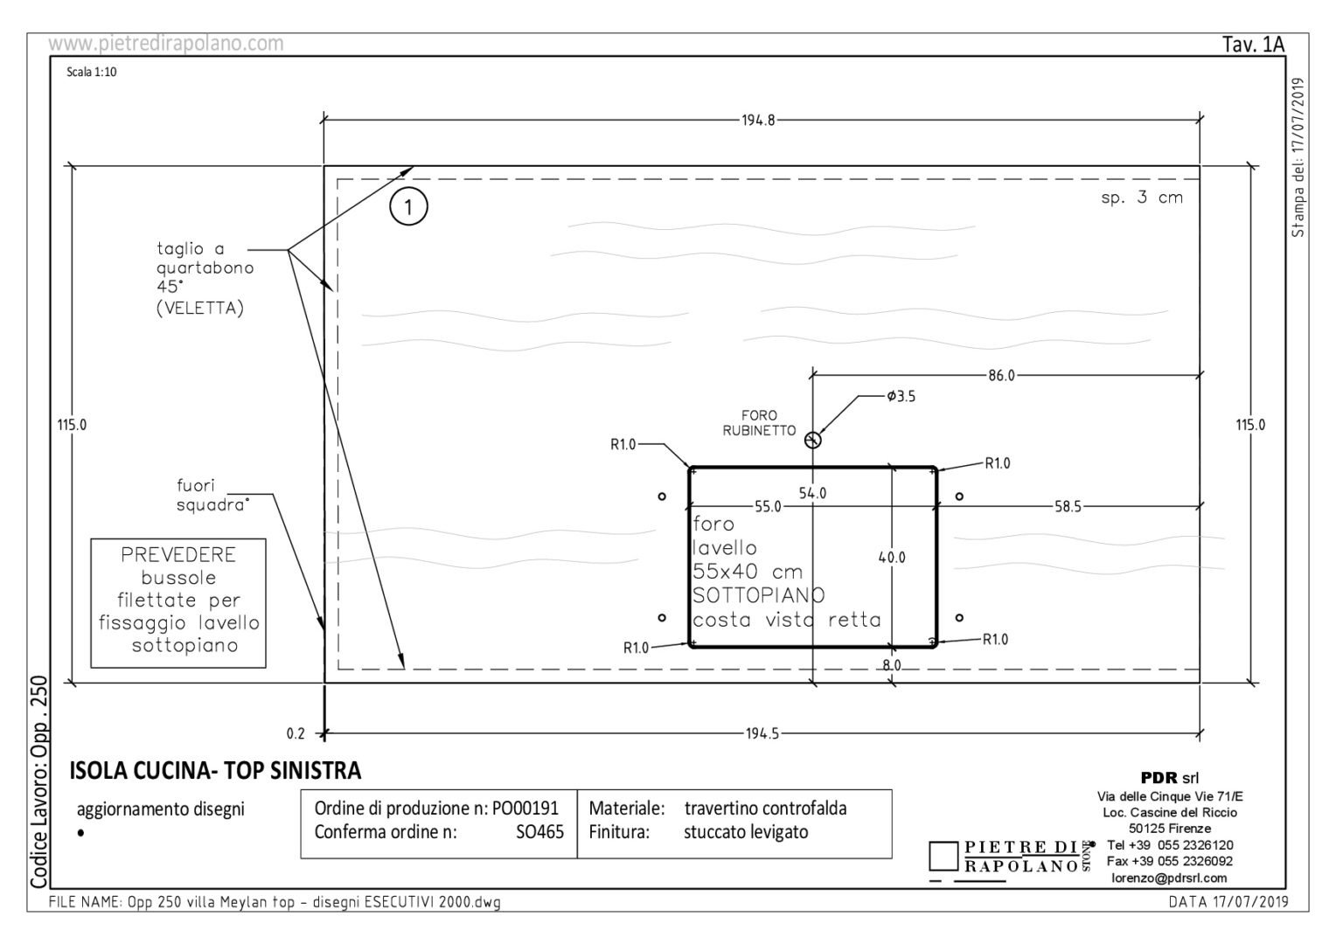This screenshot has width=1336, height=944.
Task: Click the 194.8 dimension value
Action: (758, 121)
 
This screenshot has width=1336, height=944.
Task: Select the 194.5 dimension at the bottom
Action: (762, 733)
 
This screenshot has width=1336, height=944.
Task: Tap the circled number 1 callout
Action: (408, 207)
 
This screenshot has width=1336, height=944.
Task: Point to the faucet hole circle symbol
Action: (813, 440)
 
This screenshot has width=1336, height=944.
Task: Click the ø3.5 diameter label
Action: (901, 396)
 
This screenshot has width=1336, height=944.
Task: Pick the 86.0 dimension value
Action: (1001, 376)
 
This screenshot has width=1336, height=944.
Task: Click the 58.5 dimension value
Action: (1068, 507)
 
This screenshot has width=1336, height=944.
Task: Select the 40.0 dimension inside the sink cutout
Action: (892, 558)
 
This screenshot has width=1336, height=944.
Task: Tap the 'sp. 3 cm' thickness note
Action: (1142, 198)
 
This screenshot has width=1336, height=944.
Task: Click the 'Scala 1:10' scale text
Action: (92, 73)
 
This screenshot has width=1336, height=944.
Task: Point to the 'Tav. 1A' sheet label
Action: (1253, 45)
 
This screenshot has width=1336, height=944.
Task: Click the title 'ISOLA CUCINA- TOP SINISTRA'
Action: (215, 770)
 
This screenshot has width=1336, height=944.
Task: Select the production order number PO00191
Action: (525, 808)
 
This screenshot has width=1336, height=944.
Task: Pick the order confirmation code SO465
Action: (539, 832)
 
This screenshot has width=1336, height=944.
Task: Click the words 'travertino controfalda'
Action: (766, 808)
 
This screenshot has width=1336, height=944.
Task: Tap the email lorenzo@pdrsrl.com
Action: (1169, 878)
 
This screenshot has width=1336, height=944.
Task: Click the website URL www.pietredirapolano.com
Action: (166, 44)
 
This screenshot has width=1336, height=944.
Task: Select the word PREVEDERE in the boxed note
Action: (178, 555)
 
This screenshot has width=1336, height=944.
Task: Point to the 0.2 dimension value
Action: (296, 733)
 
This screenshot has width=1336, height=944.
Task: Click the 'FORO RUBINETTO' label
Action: (759, 423)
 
